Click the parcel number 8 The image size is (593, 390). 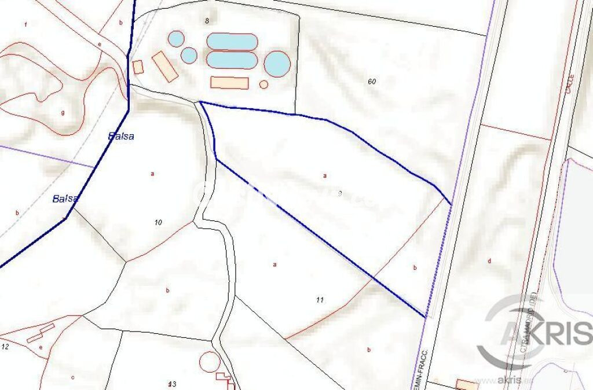coord(206,21)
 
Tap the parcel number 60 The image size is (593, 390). coord(372,82)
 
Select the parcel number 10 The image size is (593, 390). coord(159,222)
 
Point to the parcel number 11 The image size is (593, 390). coord(320,300)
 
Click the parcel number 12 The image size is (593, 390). coord(5,347)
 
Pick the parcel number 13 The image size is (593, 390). coord(171,384)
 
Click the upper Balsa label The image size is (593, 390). coord(122,137)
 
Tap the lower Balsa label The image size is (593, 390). coord(65,198)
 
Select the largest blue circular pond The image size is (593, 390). coord(277,64)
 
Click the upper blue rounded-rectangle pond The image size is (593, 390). coord(232,42)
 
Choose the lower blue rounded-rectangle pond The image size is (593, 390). coord(232,60)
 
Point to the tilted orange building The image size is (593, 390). coord(165,67)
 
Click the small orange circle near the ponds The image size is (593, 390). coord(263,84)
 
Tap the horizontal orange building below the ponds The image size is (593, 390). coord(229,83)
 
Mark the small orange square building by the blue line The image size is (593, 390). coord(138,67)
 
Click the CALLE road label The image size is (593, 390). coord(569,83)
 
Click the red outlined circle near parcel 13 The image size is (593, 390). coord(210,362)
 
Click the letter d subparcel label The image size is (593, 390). coord(489,261)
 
